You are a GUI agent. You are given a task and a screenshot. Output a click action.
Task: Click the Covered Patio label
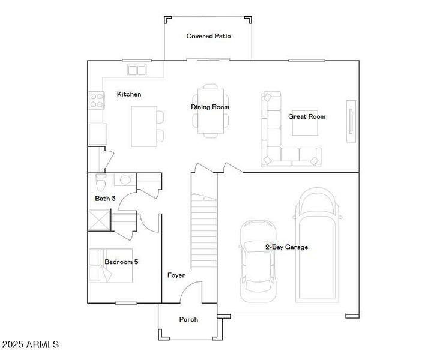point(208,36)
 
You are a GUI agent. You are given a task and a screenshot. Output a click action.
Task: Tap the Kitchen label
point(129,94)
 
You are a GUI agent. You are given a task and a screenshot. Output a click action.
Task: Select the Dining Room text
point(210,107)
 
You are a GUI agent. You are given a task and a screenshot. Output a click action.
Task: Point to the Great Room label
point(306,116)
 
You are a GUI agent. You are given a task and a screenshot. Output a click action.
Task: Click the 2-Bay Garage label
point(286,247)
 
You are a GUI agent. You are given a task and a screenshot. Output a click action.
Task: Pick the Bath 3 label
point(105,198)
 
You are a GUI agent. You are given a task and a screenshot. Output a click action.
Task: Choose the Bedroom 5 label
point(121,262)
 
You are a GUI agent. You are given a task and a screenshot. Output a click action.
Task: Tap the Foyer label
point(176,275)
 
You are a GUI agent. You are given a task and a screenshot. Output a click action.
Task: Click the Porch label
point(188,319)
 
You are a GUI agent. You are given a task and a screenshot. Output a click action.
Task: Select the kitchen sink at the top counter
point(137,71)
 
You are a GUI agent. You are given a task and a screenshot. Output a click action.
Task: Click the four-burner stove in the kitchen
point(96,99)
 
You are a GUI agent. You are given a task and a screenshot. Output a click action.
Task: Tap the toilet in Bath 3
point(101,181)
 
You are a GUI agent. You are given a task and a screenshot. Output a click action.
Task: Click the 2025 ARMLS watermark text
point(31,345)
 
